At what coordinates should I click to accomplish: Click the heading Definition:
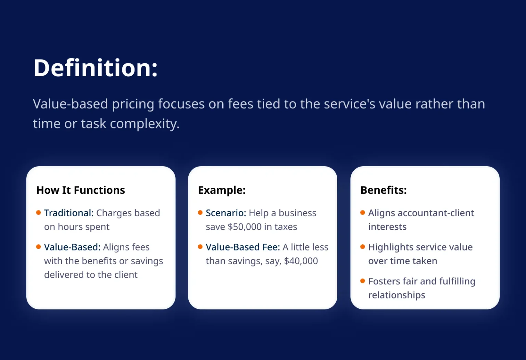coord(96,68)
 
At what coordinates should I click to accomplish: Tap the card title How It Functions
coord(80,190)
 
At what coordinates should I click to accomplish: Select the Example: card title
coord(222,190)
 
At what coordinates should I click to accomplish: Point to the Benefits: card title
coord(384,190)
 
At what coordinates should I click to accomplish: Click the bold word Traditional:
coord(69,213)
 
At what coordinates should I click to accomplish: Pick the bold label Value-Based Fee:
coord(243,247)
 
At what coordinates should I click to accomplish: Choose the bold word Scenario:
coord(226,213)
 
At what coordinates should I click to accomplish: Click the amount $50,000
coord(245,227)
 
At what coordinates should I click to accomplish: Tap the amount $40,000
coord(301,261)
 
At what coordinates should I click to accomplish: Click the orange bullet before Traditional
coord(38,213)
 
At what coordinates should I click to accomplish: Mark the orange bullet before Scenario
coord(200,213)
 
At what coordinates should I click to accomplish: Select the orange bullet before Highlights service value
coord(363,247)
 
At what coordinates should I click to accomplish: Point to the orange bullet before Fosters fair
coord(363,281)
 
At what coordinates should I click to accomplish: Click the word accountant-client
coord(436,213)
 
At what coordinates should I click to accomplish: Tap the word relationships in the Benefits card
coord(397,295)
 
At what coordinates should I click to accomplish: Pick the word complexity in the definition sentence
coord(145,124)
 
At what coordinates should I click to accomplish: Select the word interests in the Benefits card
coord(387,227)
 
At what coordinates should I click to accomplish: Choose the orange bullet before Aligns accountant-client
coord(363,213)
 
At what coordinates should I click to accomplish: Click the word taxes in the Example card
coord(286,227)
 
